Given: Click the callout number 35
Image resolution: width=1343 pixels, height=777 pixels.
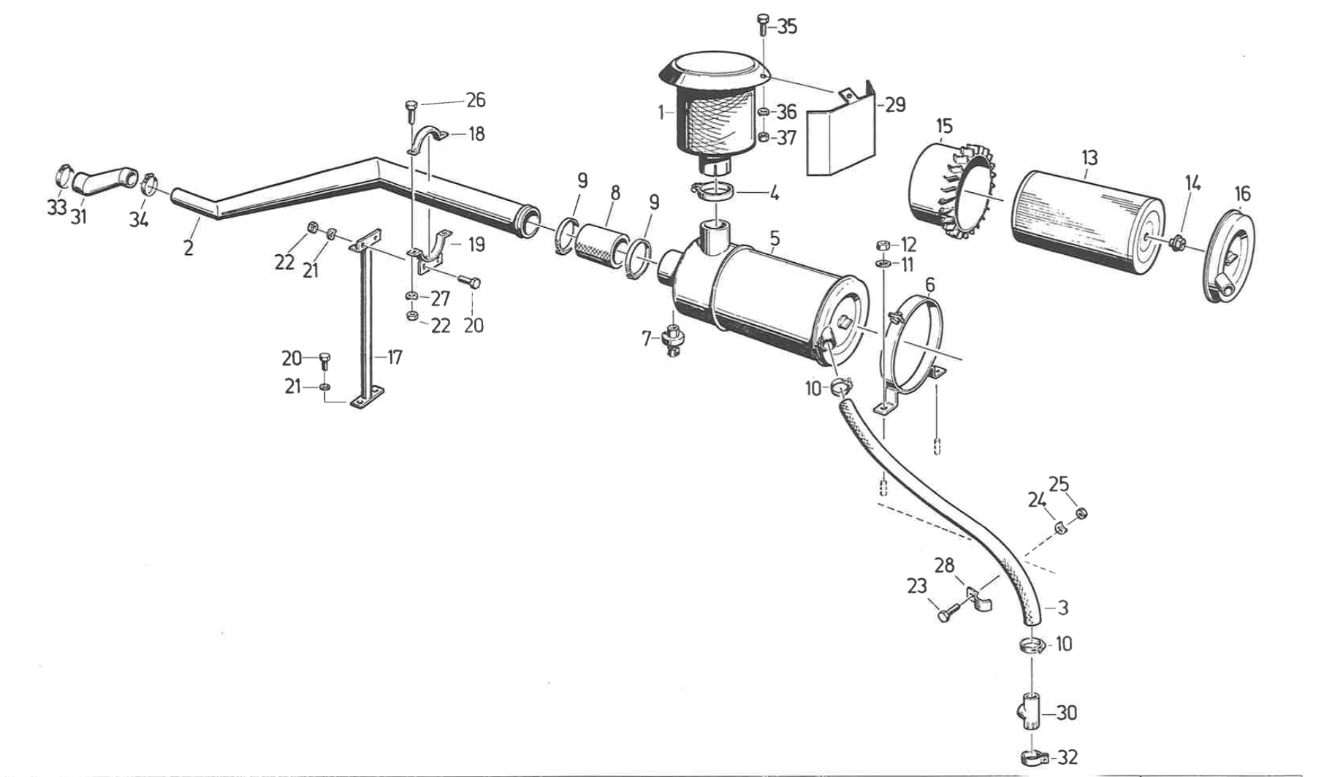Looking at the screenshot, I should pos(787,27).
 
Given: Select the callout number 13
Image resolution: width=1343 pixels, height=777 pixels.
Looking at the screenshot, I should pos(1089,158).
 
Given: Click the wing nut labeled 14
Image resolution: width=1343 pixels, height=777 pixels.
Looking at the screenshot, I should pos(1176,242).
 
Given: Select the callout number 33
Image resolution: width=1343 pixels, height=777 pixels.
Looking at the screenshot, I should pos(57,208).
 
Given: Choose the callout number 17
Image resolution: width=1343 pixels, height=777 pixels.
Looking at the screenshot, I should pos(395,358).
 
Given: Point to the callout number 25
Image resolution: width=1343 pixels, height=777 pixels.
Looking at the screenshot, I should pos(1059,484).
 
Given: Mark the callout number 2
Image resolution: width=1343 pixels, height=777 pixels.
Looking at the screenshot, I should pos(189,248).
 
